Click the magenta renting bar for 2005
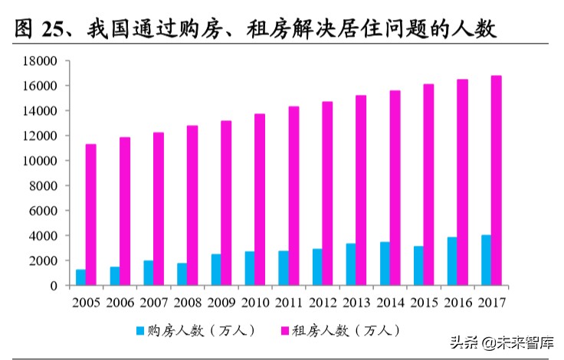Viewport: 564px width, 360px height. tap(90, 214)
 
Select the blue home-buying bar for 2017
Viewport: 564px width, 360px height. tap(486, 260)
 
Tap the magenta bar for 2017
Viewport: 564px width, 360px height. tap(497, 181)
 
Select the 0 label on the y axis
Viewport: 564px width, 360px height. tap(53, 286)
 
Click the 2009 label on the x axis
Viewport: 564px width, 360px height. tap(221, 302)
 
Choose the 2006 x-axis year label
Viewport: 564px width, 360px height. tap(120, 302)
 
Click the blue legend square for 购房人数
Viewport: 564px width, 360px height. tap(139, 331)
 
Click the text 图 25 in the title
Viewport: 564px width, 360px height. tap(36, 30)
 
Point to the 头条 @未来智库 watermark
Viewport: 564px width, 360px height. tap(506, 343)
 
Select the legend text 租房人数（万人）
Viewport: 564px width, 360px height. tap(346, 331)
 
